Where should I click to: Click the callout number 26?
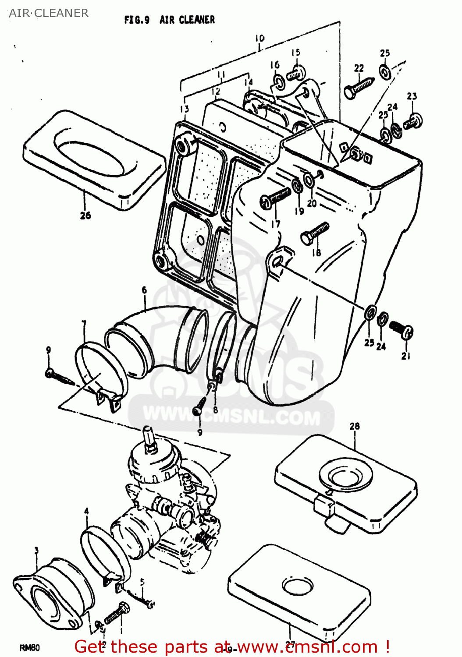85,215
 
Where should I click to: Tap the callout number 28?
355,426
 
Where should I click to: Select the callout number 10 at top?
259,39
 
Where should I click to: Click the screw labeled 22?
359,87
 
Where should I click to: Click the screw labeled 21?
402,330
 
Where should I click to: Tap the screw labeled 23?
413,121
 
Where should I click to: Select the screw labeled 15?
297,73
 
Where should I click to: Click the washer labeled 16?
278,81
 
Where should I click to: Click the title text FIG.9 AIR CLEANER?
170,20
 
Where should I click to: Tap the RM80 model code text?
30,648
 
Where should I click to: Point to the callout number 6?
144,290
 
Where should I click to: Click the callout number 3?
36,550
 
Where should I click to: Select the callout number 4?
86,511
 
